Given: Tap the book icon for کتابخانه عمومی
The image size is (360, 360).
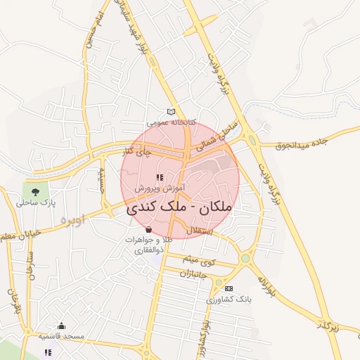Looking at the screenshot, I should [x=171, y=112].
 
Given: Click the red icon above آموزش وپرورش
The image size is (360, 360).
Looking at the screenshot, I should [x=160, y=178].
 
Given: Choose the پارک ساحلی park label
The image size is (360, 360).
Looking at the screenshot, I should [x=36, y=203].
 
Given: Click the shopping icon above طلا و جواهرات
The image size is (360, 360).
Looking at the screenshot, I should [x=148, y=230].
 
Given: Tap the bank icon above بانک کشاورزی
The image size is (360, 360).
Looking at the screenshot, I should [x=229, y=288].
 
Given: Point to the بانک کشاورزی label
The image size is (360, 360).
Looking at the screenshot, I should [x=229, y=299].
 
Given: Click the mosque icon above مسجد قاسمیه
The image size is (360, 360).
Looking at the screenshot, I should [x=61, y=326].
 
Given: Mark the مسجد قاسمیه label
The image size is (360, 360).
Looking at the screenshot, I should [x=61, y=337].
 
